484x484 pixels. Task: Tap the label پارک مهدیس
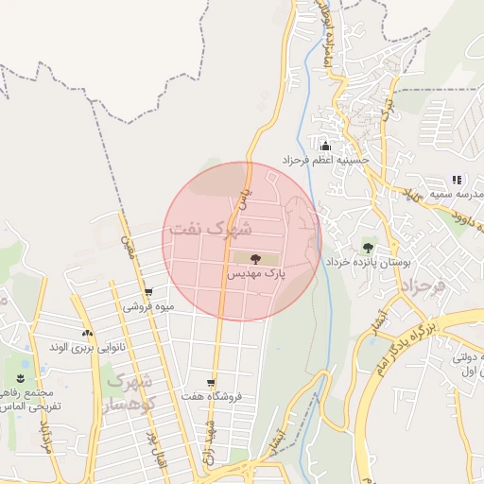coord(254,273)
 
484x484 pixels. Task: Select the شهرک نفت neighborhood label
coord(209,229)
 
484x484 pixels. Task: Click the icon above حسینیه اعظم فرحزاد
coord(325,146)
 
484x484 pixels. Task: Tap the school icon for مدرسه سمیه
coord(457,180)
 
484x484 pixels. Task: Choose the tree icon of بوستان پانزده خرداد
coord(367,248)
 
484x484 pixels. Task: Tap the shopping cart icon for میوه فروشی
coord(147,292)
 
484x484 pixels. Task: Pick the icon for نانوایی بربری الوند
coord(88,333)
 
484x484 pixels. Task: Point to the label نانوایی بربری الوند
coord(88,347)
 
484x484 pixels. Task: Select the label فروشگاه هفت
coord(215,396)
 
